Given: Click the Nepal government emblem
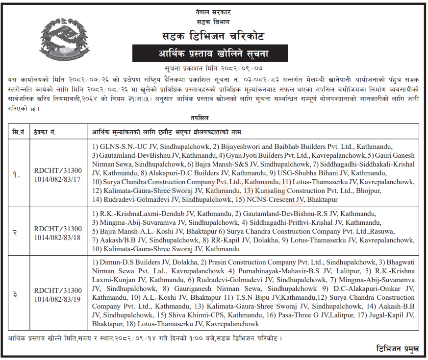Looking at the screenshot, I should click(61, 42).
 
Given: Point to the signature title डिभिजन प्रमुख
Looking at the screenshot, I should click(397, 349).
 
